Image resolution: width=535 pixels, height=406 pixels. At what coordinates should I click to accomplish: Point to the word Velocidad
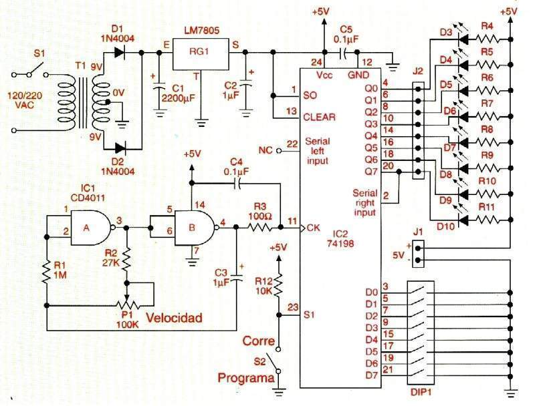tap(175, 318)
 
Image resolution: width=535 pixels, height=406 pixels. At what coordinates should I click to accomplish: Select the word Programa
tap(246, 379)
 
